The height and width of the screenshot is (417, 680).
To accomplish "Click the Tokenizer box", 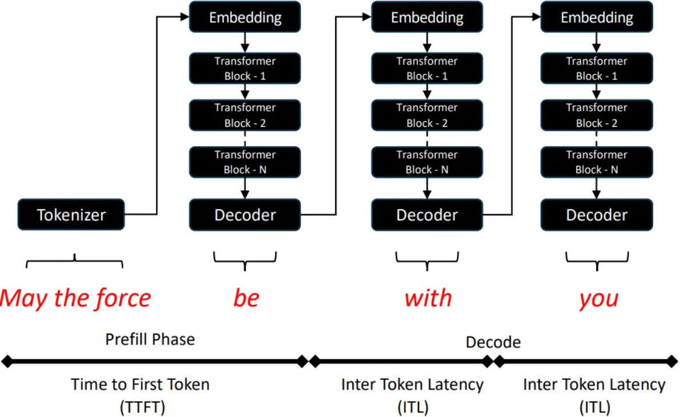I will pyautogui.click(x=71, y=215).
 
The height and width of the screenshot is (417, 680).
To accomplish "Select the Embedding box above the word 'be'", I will pyautogui.click(x=244, y=17).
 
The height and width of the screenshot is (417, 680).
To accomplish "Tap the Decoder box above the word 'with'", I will pyautogui.click(x=426, y=215).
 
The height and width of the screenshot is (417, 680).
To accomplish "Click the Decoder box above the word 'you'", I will pyautogui.click(x=597, y=215).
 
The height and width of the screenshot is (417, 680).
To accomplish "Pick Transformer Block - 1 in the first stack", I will pyautogui.click(x=244, y=68).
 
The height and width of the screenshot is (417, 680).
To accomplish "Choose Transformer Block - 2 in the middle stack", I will pyautogui.click(x=426, y=115).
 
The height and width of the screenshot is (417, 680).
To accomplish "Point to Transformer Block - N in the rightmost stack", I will pyautogui.click(x=597, y=162).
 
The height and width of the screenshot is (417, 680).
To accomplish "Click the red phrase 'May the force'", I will pyautogui.click(x=75, y=298).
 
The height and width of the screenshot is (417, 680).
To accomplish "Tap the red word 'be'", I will pyautogui.click(x=246, y=298).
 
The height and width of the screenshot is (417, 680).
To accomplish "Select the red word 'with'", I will pyautogui.click(x=428, y=298).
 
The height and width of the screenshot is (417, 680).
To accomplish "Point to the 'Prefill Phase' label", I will pyautogui.click(x=150, y=339).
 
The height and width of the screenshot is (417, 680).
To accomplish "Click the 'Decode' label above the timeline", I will pyautogui.click(x=493, y=342).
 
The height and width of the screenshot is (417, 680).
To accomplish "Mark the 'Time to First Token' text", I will pyautogui.click(x=140, y=384).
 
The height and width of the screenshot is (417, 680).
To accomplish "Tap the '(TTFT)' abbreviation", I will pyautogui.click(x=142, y=407).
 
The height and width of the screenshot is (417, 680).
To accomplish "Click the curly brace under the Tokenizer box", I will pyautogui.click(x=75, y=262).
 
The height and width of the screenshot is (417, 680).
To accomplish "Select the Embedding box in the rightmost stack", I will pyautogui.click(x=597, y=17).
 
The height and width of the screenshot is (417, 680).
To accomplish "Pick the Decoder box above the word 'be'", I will pyautogui.click(x=244, y=215).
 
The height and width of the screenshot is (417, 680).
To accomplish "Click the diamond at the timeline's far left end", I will pyautogui.click(x=7, y=361).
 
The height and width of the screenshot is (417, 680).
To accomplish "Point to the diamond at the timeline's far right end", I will pyautogui.click(x=673, y=361).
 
